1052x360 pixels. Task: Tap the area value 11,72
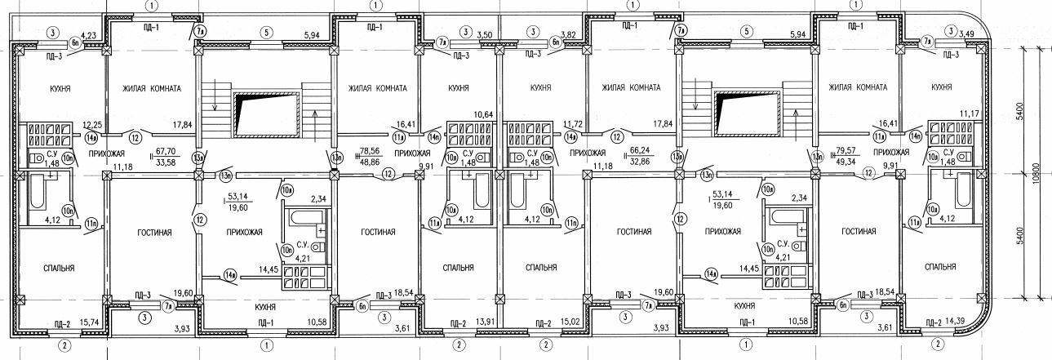(x=576, y=124)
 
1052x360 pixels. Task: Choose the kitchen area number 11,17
(x=969, y=113)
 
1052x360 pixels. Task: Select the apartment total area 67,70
(x=167, y=150)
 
